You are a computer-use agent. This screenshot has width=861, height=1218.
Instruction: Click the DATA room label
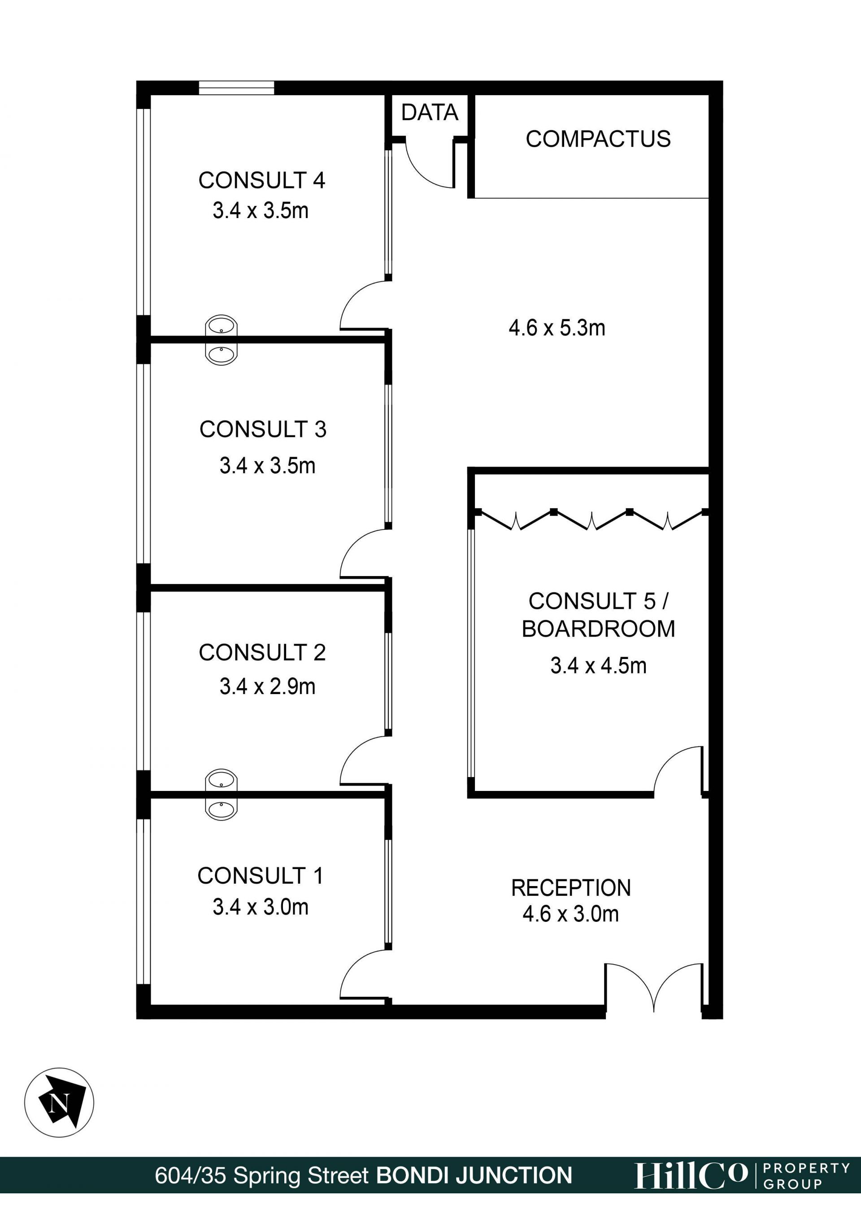(430, 113)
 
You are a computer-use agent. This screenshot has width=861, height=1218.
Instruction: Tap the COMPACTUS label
(598, 139)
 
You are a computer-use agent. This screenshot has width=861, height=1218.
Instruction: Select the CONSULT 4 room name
(261, 180)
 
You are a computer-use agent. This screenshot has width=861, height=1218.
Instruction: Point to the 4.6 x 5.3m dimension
(557, 328)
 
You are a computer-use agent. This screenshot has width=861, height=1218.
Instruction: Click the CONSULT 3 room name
(262, 429)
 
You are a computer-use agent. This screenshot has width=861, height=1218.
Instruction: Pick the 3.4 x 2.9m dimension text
(267, 686)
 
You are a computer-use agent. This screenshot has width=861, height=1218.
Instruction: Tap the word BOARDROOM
(598, 629)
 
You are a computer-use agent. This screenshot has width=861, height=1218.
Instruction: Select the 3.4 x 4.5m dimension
(598, 665)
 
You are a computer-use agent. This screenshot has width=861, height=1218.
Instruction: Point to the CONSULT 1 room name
(260, 876)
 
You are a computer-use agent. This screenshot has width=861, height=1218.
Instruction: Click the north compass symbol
(59, 1102)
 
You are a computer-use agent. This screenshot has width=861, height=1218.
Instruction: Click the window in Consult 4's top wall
(236, 87)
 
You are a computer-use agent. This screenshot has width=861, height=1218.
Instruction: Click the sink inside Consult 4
(221, 326)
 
